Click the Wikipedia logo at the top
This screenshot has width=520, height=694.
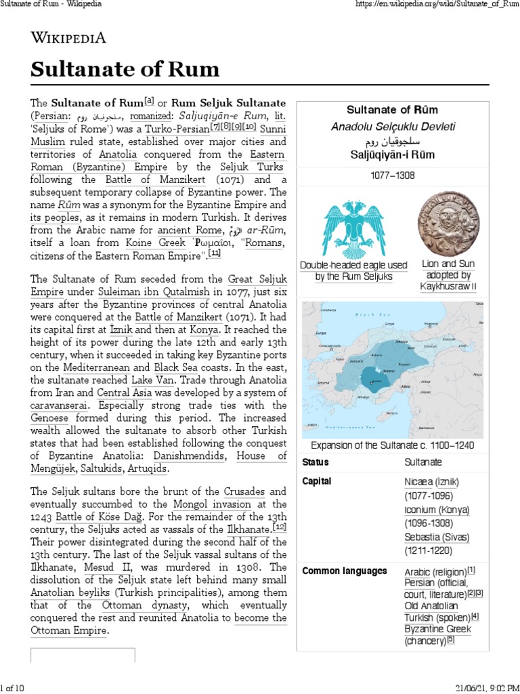(68, 38)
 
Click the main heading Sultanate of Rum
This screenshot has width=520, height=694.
(125, 69)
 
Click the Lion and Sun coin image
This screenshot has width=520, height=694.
(448, 223)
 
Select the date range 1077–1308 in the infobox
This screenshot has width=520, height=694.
(392, 175)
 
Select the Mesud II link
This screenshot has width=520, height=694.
(106, 567)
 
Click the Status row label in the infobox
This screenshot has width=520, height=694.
(316, 462)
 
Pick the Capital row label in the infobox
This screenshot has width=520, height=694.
(317, 481)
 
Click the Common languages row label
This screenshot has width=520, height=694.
(345, 571)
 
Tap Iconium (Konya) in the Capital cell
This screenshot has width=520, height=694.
(436, 510)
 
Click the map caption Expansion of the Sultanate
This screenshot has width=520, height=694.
(392, 445)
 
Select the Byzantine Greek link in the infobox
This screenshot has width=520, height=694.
(437, 629)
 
